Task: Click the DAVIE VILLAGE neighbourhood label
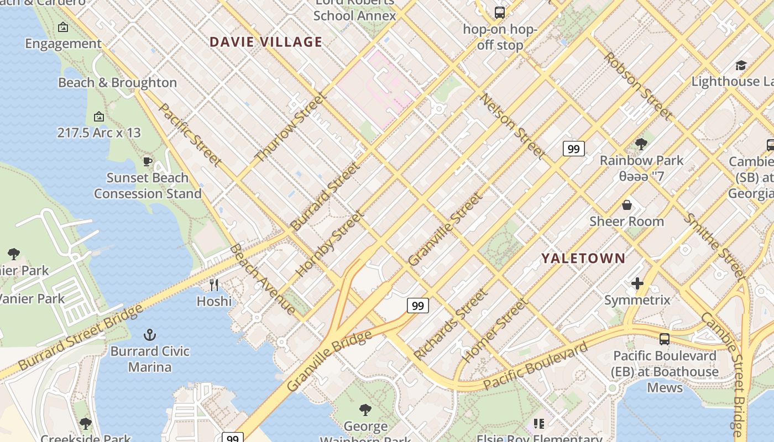coord(266,42)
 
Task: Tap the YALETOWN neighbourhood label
coord(583,258)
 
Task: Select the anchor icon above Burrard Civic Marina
coord(149,334)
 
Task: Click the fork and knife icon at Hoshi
coord(214,285)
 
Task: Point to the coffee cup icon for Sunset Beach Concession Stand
coord(147,161)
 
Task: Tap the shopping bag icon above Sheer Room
coord(627,205)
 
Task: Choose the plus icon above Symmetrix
coord(637,283)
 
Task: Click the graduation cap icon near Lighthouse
coord(741,65)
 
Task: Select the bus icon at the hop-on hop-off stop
coord(499,12)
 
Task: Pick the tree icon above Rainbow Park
coord(641,144)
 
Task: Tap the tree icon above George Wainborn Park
coord(365,409)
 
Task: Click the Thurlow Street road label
coord(291,128)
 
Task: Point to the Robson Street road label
coord(638,86)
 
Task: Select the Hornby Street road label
coord(330,244)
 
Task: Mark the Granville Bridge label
coord(330,361)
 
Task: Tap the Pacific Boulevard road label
coord(535,366)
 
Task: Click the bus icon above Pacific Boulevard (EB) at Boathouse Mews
coord(665,339)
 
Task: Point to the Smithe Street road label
coord(715,246)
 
